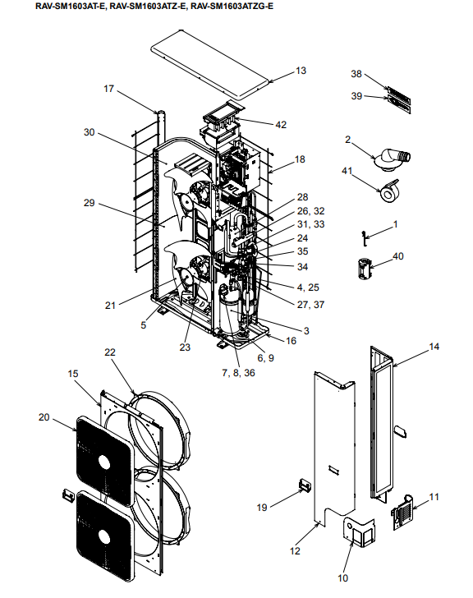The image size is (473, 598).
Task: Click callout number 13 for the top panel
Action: pyautogui.click(x=301, y=71)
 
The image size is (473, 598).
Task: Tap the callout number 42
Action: pyautogui.click(x=281, y=125)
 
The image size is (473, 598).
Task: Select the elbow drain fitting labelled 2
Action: pyautogui.click(x=392, y=159)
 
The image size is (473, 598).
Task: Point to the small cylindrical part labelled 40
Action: pyautogui.click(x=365, y=269)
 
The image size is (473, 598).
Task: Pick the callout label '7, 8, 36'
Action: pyautogui.click(x=238, y=373)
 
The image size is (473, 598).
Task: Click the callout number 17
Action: pyautogui.click(x=109, y=89)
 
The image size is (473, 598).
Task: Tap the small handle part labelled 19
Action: pyautogui.click(x=305, y=485)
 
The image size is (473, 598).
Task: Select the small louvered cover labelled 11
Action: pyautogui.click(x=402, y=512)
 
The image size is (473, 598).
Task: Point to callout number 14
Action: pyautogui.click(x=434, y=347)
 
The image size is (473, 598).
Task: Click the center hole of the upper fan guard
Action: pyautogui.click(x=104, y=462)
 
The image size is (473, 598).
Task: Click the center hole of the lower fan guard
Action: pyautogui.click(x=104, y=536)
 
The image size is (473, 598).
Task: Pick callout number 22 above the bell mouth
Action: pyautogui.click(x=110, y=352)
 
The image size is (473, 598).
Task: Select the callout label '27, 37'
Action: pyautogui.click(x=310, y=305)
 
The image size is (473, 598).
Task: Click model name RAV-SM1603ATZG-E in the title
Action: pyautogui.click(x=232, y=6)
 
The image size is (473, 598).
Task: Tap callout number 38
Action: pyautogui.click(x=356, y=74)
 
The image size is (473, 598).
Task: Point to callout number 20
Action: pyautogui.click(x=44, y=417)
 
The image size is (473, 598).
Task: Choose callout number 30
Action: pyautogui.click(x=90, y=132)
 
